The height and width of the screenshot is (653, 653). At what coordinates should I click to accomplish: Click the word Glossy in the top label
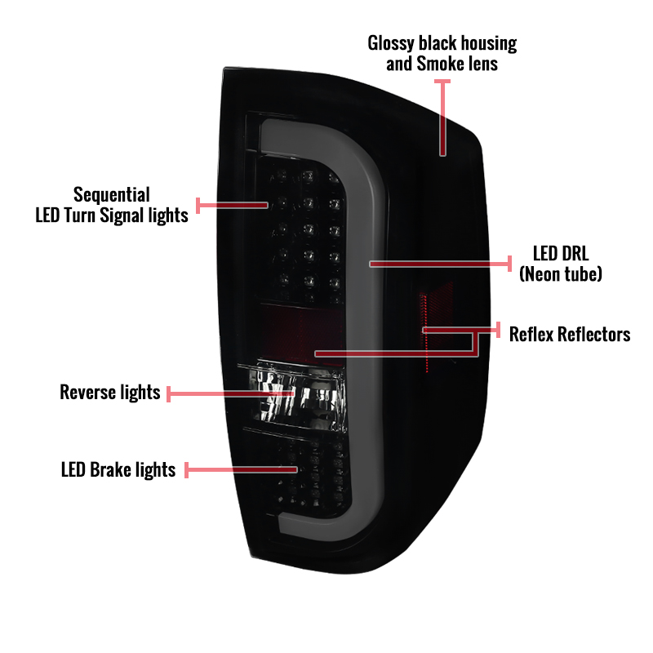(391, 44)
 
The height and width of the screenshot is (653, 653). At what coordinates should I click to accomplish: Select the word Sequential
(112, 195)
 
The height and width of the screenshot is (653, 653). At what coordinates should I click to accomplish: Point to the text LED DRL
(561, 253)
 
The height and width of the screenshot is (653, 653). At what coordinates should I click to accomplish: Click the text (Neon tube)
(561, 273)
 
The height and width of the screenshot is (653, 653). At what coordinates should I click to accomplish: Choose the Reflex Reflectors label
(570, 334)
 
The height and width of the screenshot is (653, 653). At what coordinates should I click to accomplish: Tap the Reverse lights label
(110, 393)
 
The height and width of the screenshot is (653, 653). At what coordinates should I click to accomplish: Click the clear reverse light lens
(298, 396)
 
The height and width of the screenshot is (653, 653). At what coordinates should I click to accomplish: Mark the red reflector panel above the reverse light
(301, 333)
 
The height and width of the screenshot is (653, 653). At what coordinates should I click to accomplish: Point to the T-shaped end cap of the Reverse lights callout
(168, 394)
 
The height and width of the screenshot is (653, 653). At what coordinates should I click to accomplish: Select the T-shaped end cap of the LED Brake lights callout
(186, 470)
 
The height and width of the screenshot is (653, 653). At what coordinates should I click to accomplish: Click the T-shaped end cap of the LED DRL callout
(509, 264)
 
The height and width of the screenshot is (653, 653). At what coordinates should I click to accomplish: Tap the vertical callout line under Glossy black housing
(442, 118)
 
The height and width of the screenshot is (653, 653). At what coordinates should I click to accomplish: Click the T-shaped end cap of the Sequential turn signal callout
(198, 206)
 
